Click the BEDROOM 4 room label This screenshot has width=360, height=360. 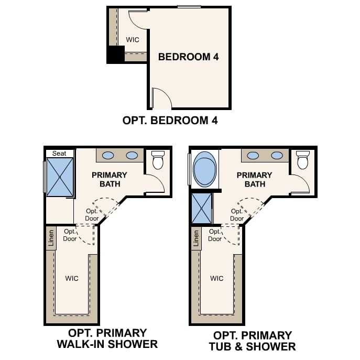pyautogui.click(x=188, y=57)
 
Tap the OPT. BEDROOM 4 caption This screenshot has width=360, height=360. pyautogui.click(x=170, y=121)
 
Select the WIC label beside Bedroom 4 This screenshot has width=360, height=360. pyautogui.click(x=133, y=39)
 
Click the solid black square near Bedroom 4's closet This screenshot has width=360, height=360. pyautogui.click(x=115, y=54)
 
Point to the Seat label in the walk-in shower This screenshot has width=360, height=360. pyautogui.click(x=59, y=153)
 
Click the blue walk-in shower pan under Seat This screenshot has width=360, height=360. pyautogui.click(x=60, y=177)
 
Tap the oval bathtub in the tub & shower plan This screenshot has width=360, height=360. pyautogui.click(x=204, y=169)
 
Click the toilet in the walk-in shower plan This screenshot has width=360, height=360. pyautogui.click(x=158, y=159)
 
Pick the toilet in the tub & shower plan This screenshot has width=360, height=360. pyautogui.click(x=302, y=159)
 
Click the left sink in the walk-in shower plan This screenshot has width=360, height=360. pyautogui.click(x=108, y=155)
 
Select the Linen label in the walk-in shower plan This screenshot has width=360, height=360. pyautogui.click(x=51, y=238)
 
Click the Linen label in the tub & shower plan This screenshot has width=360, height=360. pyautogui.click(x=196, y=238)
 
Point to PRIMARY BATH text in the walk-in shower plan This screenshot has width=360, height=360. pyautogui.click(x=110, y=179)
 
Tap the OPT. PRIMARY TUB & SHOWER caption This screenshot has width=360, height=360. pyautogui.click(x=253, y=341)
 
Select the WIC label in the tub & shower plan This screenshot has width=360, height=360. pyautogui.click(x=217, y=278)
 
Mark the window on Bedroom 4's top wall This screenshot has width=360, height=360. pyautogui.click(x=189, y=7)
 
